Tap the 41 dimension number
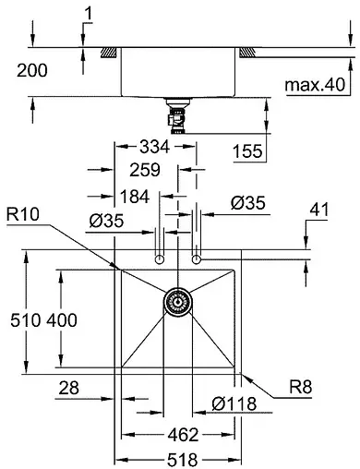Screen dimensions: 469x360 point(318,210)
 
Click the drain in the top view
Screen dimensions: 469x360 point(178,301)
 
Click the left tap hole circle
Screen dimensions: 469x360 point(160,260)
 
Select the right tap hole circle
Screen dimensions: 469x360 point(196,260)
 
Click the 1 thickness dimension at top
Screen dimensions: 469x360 point(87,12)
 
